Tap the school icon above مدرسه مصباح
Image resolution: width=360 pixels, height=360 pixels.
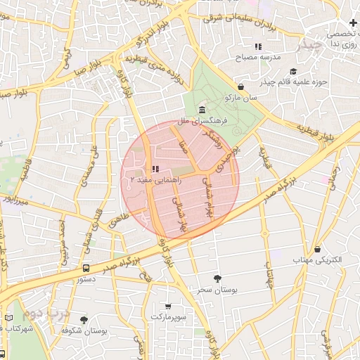click(258, 46)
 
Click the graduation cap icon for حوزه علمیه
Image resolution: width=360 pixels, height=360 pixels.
click(292, 70)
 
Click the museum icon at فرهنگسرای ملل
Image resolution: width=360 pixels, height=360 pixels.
click(202, 110)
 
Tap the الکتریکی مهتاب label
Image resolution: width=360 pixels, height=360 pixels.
click(317, 259)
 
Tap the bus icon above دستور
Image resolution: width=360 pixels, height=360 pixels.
click(86, 268)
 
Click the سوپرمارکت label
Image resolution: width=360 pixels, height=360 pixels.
click(167, 317)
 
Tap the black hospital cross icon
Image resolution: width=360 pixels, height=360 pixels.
click(352, 23)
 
